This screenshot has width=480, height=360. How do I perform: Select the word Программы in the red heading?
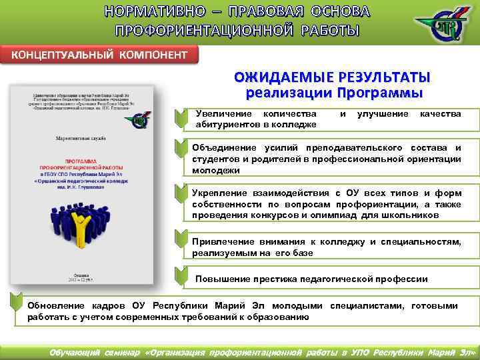pyautogui.click(x=380, y=91)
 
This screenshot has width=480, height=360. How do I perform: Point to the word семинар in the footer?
pyautogui.click(x=121, y=351)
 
